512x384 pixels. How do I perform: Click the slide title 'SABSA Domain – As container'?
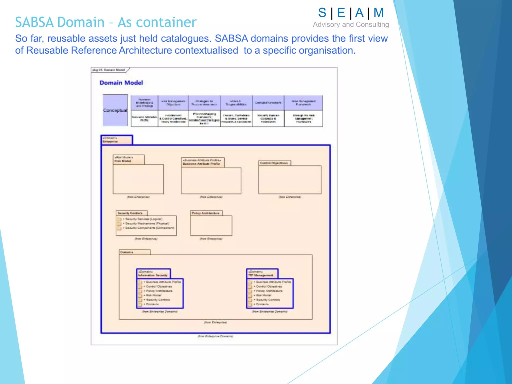(106, 22)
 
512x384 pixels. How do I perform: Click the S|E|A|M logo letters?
(351, 13)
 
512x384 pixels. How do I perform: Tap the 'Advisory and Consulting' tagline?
(351, 24)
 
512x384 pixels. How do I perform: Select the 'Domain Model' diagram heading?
(121, 83)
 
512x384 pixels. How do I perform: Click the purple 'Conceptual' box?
(115, 110)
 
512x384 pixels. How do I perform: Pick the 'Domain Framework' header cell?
(268, 103)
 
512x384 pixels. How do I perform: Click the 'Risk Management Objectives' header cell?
(173, 103)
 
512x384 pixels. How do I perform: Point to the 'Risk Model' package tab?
(128, 159)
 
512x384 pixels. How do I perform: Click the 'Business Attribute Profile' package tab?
(202, 162)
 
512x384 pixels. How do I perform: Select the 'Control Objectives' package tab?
(274, 163)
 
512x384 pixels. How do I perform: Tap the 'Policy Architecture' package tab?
(206, 213)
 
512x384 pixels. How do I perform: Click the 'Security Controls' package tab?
(131, 213)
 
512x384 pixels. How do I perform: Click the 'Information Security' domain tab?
(153, 273)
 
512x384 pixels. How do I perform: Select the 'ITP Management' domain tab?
(262, 273)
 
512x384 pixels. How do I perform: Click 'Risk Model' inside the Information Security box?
(154, 295)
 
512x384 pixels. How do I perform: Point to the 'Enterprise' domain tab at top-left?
(116, 140)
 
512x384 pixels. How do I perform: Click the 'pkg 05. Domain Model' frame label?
(109, 70)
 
